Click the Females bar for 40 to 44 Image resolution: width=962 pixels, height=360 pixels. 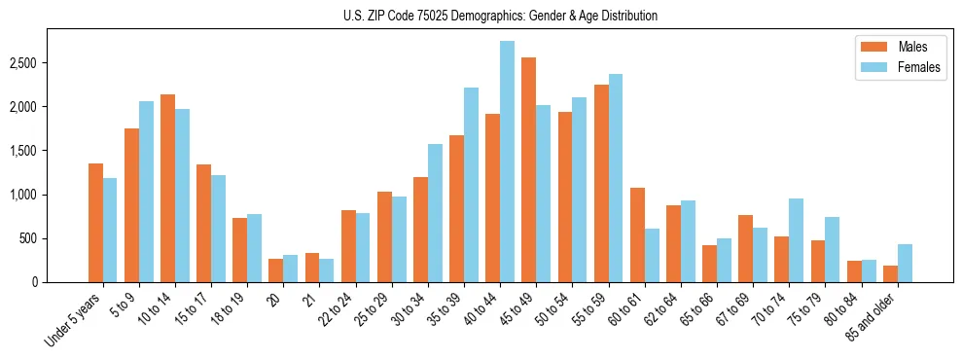[x=507, y=162]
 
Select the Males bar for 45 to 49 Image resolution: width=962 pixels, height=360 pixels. [x=528, y=170]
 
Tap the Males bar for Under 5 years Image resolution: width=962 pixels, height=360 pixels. [x=95, y=223]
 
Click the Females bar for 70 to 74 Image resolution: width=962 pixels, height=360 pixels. [x=796, y=240]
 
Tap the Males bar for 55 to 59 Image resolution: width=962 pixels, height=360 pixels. [x=601, y=184]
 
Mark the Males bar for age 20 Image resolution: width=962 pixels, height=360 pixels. [x=275, y=270]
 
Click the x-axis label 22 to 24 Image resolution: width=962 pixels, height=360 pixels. [x=339, y=312]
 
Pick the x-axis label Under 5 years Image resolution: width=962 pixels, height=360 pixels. [x=76, y=322]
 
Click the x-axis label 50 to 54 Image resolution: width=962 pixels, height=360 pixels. [x=555, y=312]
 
